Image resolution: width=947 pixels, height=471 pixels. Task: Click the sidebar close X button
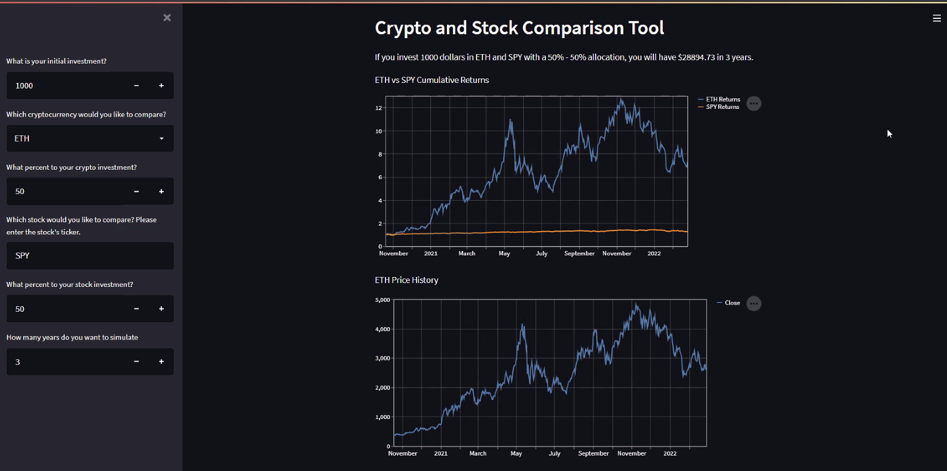[167, 18]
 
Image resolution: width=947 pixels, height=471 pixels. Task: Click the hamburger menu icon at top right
[936, 18]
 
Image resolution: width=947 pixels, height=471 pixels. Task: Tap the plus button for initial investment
[162, 86]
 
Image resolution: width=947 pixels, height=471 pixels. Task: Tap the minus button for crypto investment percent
[136, 191]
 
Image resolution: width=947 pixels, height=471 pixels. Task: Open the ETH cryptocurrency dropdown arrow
[162, 139]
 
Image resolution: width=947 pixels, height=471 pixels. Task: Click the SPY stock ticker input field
[90, 255]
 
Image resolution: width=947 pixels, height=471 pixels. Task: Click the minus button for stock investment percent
[136, 308]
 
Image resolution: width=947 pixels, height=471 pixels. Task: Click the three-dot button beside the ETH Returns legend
[753, 103]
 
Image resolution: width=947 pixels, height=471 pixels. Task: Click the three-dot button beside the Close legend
[753, 303]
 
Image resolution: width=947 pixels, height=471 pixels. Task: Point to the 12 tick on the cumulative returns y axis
[379, 108]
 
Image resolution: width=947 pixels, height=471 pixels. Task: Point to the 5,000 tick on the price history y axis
[383, 300]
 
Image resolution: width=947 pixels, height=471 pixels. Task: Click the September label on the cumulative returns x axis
[579, 254]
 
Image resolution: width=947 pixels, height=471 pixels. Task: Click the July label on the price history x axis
[554, 453]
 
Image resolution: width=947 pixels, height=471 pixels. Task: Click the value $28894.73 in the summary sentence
[696, 57]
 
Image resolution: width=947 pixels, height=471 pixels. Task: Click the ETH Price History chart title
[407, 280]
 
